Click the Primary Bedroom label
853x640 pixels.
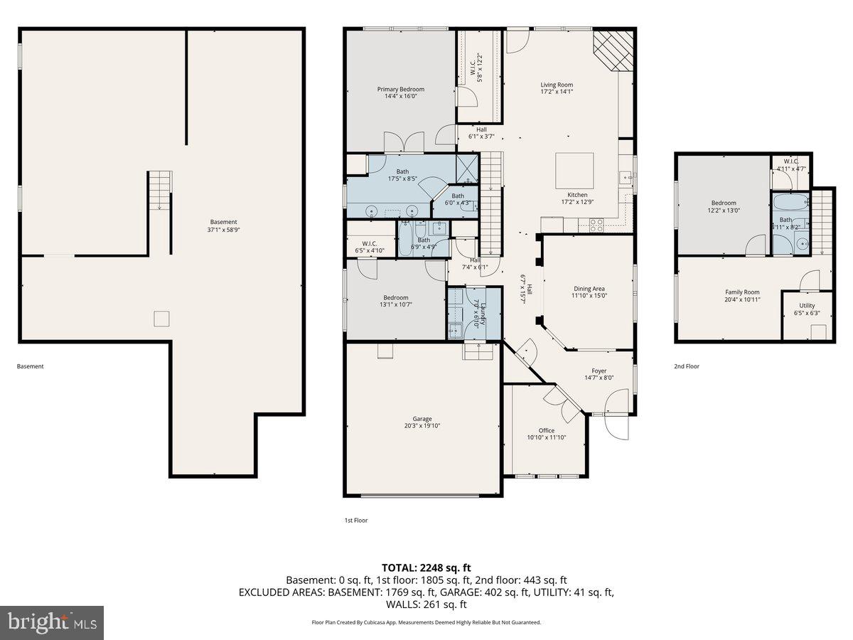(x=400, y=89)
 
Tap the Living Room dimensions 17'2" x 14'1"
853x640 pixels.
(x=557, y=92)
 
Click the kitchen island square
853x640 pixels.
(x=574, y=170)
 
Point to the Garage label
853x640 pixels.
(x=422, y=419)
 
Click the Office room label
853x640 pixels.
(x=546, y=430)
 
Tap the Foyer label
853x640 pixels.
(x=599, y=370)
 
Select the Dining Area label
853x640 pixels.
(x=589, y=289)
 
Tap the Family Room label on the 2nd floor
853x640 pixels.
(x=742, y=292)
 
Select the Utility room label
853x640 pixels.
(x=807, y=305)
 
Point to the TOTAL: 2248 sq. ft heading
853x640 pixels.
(x=426, y=567)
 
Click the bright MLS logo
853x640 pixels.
(x=52, y=623)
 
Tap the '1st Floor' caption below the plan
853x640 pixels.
(x=356, y=521)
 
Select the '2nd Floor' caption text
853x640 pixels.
(x=687, y=366)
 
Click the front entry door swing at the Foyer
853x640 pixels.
(x=616, y=425)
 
